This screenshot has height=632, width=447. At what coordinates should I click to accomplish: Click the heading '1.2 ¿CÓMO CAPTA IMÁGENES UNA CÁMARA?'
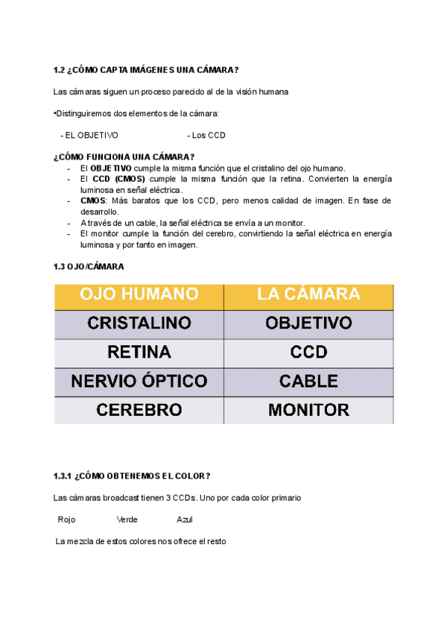(x=146, y=70)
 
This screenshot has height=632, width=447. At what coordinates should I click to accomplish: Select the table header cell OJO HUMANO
(x=139, y=295)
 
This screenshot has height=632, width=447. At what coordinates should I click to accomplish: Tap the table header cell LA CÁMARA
(x=308, y=295)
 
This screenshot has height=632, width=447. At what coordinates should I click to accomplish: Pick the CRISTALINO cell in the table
(x=139, y=323)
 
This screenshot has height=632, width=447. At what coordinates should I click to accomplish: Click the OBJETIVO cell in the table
(x=308, y=323)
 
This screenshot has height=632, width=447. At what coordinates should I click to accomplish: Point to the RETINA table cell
(x=139, y=352)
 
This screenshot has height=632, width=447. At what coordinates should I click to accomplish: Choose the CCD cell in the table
(x=308, y=352)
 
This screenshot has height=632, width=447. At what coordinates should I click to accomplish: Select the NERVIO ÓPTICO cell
(x=139, y=382)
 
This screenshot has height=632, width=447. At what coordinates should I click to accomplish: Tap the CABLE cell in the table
(x=308, y=382)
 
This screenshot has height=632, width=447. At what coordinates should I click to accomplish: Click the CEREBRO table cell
(x=139, y=410)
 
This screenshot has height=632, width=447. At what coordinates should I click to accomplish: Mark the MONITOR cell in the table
(x=308, y=410)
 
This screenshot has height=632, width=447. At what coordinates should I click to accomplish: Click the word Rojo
(x=66, y=519)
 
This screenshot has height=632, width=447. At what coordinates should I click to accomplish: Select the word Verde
(x=127, y=519)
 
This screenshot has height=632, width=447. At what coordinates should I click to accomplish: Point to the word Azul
(x=185, y=519)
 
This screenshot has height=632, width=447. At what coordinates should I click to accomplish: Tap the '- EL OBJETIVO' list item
(x=89, y=136)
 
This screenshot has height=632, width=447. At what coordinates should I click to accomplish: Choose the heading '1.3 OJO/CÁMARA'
(x=89, y=266)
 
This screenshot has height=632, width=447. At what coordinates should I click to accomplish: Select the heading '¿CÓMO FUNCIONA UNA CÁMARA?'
(x=124, y=157)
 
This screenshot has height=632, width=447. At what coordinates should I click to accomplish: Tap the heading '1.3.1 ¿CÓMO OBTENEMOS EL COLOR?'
(x=132, y=475)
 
